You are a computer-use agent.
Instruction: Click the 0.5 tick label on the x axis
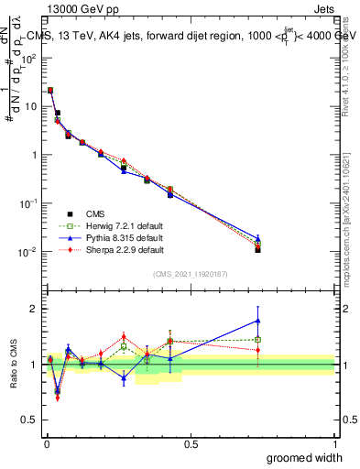point(190,442)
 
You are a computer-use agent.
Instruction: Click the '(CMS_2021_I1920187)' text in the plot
point(190,272)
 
